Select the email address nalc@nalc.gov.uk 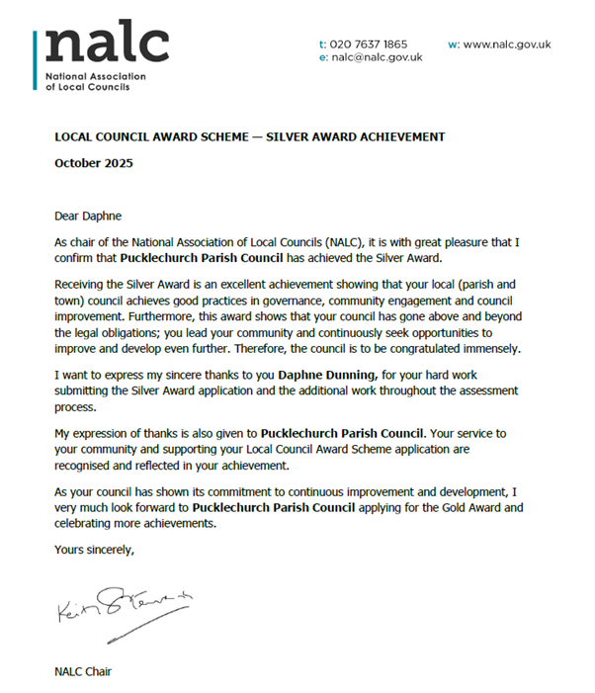click(x=377, y=57)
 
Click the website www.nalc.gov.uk click(x=507, y=44)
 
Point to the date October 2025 click(x=93, y=163)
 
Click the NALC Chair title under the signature click(x=83, y=672)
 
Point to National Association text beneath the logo click(x=95, y=76)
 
